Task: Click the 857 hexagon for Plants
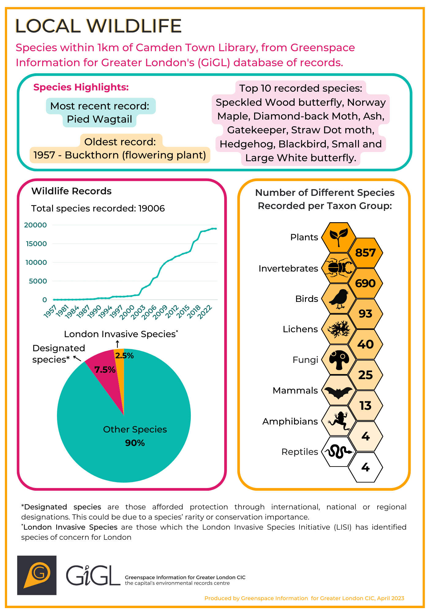[366, 253]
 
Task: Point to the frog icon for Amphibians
[338, 421]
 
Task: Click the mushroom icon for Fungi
[339, 360]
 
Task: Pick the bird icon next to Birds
[339, 299]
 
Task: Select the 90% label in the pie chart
[135, 443]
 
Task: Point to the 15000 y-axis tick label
[36, 244]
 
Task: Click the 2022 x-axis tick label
[205, 312]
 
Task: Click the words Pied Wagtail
[100, 119]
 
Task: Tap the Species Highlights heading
[81, 87]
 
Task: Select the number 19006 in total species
[152, 208]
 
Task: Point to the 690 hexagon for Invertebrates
[366, 283]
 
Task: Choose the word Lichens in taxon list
[300, 329]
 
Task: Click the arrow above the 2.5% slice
[117, 344]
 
